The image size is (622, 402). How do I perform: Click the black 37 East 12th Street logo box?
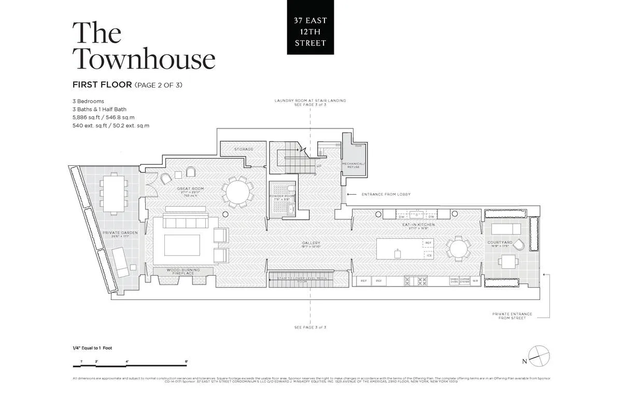click(310, 27)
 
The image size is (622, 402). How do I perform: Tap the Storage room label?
click(244, 149)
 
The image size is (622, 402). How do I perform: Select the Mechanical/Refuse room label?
click(353, 165)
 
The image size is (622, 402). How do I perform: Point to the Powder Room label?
click(282, 197)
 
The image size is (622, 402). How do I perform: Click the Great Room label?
click(190, 189)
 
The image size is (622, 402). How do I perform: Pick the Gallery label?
click(312, 242)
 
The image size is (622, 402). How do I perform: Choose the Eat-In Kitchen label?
click(418, 225)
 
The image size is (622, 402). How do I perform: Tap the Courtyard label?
click(500, 242)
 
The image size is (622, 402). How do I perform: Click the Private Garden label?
click(120, 233)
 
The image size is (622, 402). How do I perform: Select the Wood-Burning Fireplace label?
click(183, 271)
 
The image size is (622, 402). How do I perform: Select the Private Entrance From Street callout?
click(512, 316)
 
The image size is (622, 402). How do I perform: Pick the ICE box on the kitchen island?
click(428, 255)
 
